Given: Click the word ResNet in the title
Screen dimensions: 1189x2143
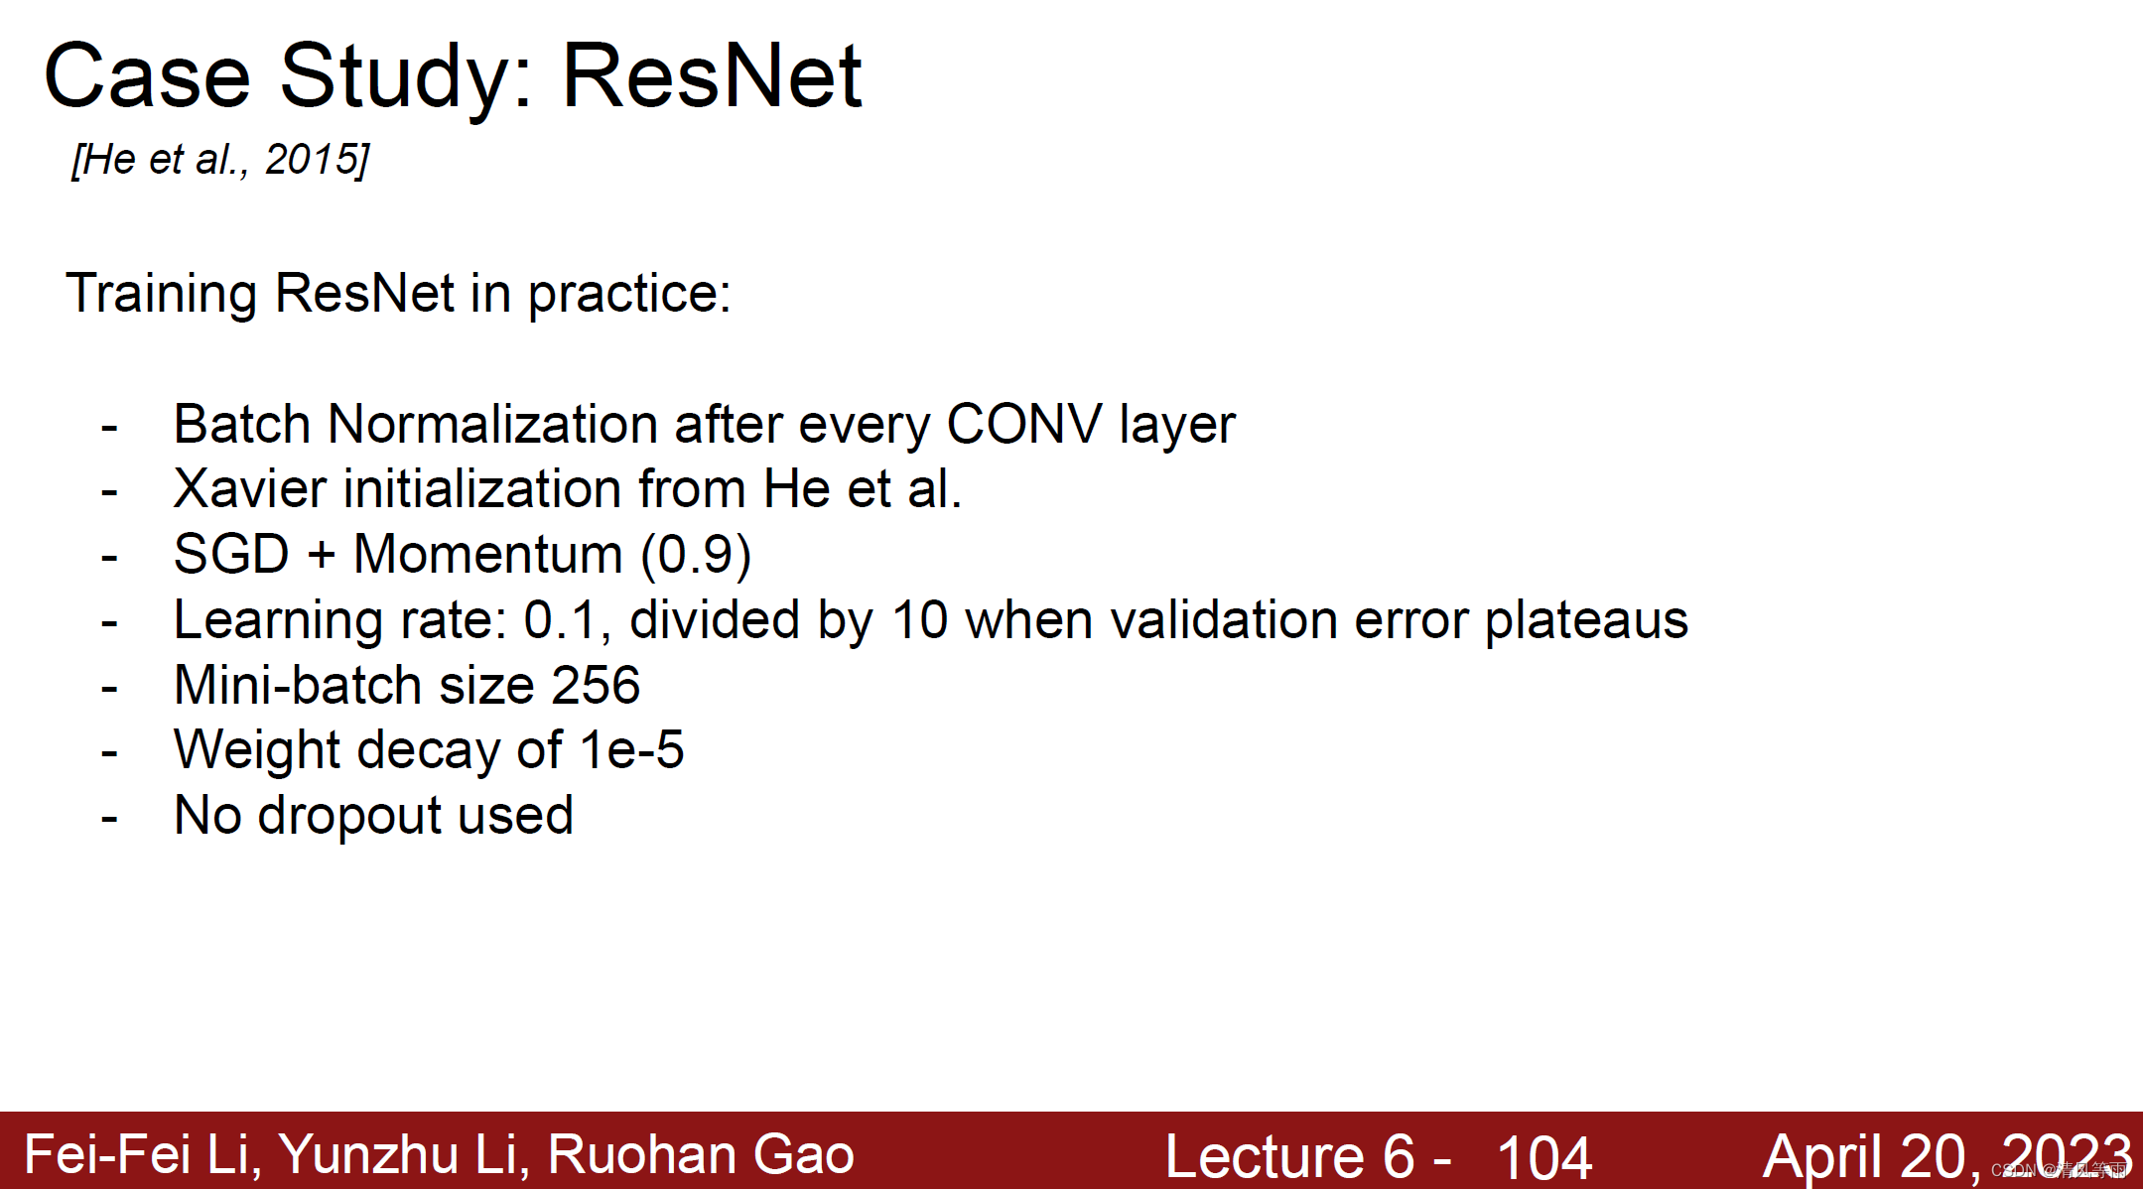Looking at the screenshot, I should (712, 76).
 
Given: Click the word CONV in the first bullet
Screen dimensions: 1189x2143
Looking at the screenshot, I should (1023, 425).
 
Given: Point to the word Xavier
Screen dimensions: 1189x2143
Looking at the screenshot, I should (249, 489).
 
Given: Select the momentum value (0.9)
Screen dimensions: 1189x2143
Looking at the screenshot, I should (696, 554).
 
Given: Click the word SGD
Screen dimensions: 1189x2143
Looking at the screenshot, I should (230, 554).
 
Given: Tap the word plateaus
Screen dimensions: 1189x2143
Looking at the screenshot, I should (1585, 621).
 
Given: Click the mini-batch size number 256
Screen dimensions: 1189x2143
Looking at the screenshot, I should (596, 685).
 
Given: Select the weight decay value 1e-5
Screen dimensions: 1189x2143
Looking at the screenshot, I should (631, 749).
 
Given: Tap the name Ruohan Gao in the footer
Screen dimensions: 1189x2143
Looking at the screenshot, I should (700, 1154).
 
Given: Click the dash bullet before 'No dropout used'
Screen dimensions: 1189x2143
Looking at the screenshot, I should (109, 819).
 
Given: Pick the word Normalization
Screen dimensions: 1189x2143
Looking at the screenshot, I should (492, 425).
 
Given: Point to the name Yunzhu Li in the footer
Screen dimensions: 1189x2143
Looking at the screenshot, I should (398, 1154).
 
